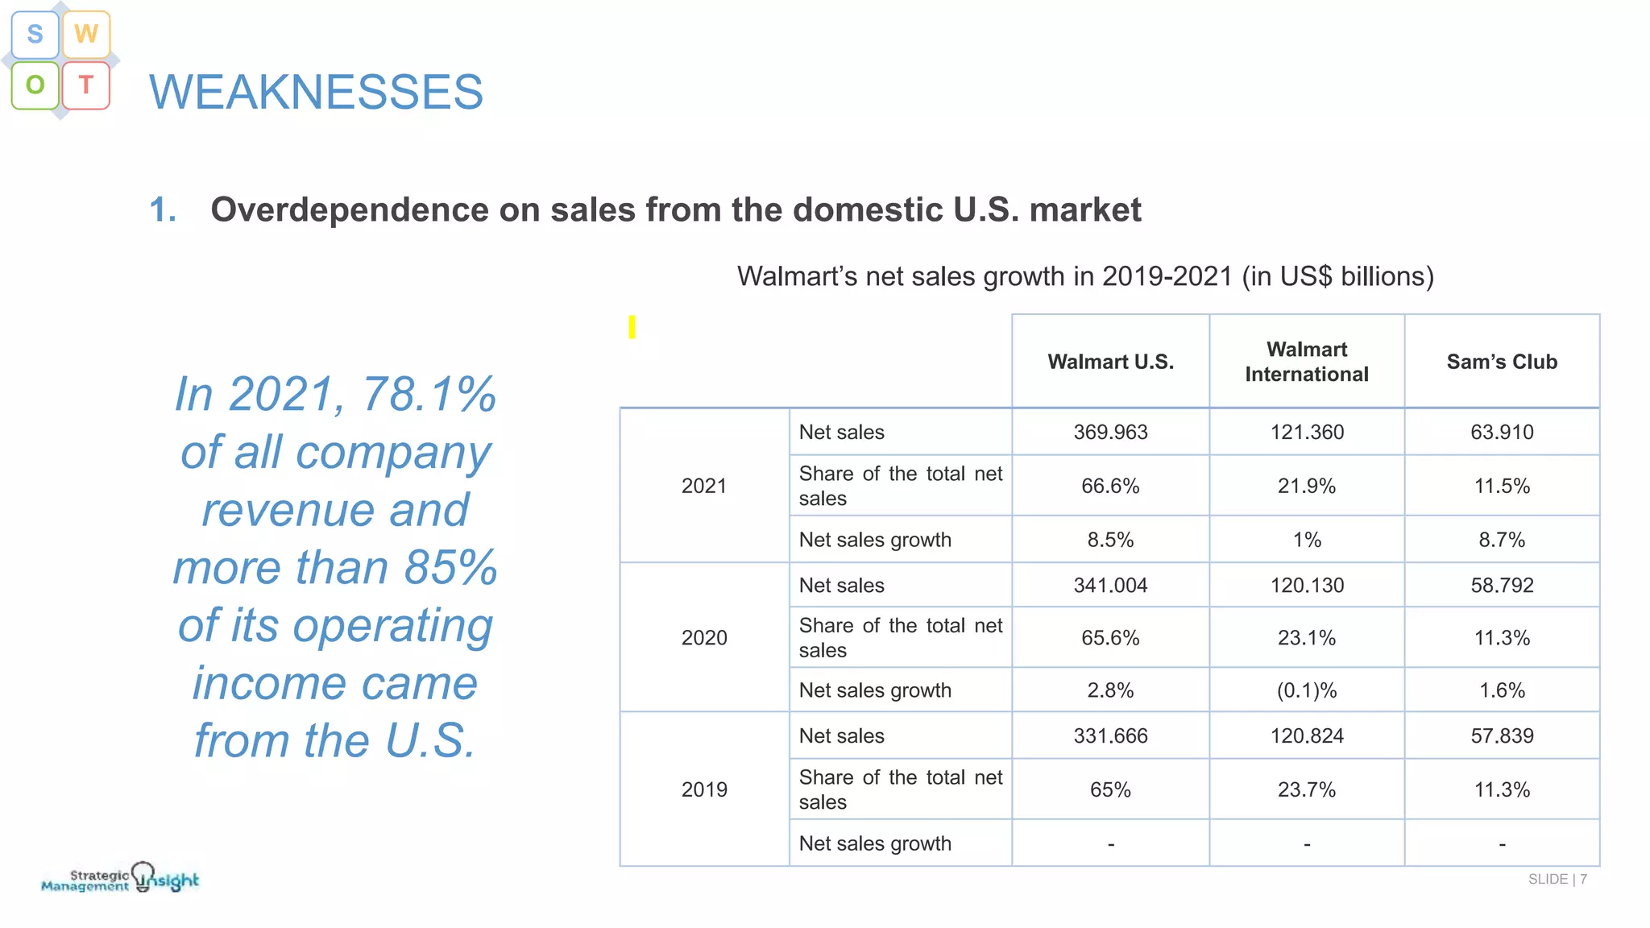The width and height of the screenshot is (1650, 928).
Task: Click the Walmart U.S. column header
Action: [x=1110, y=362]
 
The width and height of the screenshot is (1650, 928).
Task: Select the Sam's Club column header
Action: [x=1502, y=362]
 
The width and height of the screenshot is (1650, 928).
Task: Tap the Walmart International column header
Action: [x=1306, y=362]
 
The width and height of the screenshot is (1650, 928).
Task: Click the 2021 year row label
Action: [x=703, y=486]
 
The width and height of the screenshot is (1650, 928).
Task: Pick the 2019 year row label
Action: [x=703, y=789]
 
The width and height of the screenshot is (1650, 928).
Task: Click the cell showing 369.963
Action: [x=1110, y=432]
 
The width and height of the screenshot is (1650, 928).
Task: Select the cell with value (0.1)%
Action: [x=1306, y=690]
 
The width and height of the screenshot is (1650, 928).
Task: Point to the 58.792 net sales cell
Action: [x=1502, y=586]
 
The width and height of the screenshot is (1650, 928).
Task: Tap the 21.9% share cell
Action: [x=1306, y=486]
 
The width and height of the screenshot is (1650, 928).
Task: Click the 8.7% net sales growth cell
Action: [x=1502, y=540]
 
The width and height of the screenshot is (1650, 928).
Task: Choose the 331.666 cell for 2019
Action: [x=1110, y=735]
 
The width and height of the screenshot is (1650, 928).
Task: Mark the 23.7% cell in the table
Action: [x=1306, y=789]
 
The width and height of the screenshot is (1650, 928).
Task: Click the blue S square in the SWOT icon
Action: [x=35, y=35]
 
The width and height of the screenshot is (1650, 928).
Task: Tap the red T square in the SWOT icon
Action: [x=86, y=85]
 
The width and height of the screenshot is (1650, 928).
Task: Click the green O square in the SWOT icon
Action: [x=35, y=85]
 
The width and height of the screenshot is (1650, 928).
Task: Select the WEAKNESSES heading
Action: [x=316, y=92]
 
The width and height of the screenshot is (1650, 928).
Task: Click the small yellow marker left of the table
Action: [x=632, y=327]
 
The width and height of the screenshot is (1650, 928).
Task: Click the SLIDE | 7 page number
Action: [x=1557, y=879]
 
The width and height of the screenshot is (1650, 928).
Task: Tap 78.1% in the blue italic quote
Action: [x=429, y=395]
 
